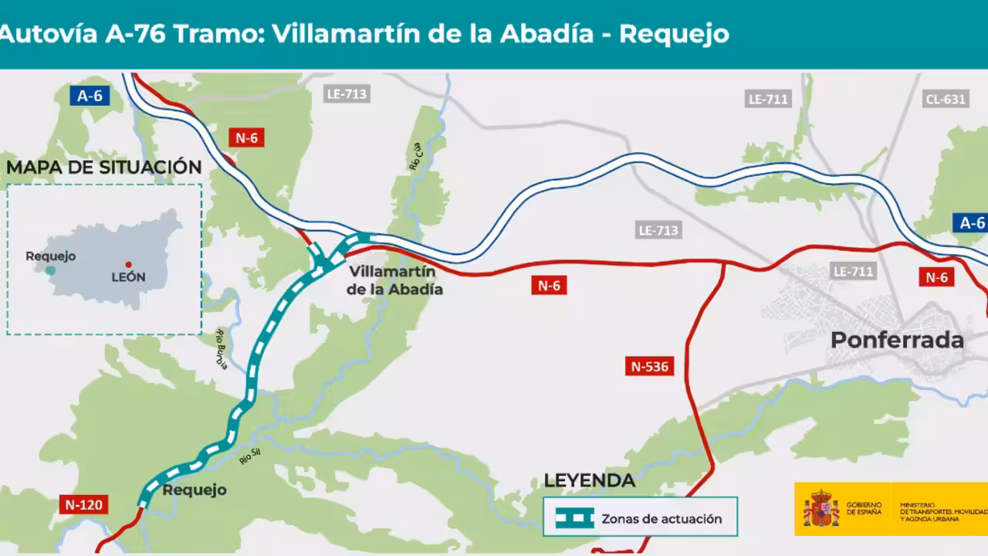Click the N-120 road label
coord(83,505)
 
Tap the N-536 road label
coord(649,366)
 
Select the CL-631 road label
coord(945,99)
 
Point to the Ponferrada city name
coord(897,340)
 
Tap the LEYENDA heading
coord(589,480)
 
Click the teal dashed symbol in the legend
coord(575,518)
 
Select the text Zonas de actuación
coord(661,519)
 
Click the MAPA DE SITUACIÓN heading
coord(104,167)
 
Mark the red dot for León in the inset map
coord(128,265)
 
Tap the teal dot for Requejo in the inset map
coord(50,270)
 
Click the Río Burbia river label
coord(222,349)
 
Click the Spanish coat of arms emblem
coord(821,509)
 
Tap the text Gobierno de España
coord(863,508)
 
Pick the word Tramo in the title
coord(217,34)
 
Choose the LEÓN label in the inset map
coord(128,277)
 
